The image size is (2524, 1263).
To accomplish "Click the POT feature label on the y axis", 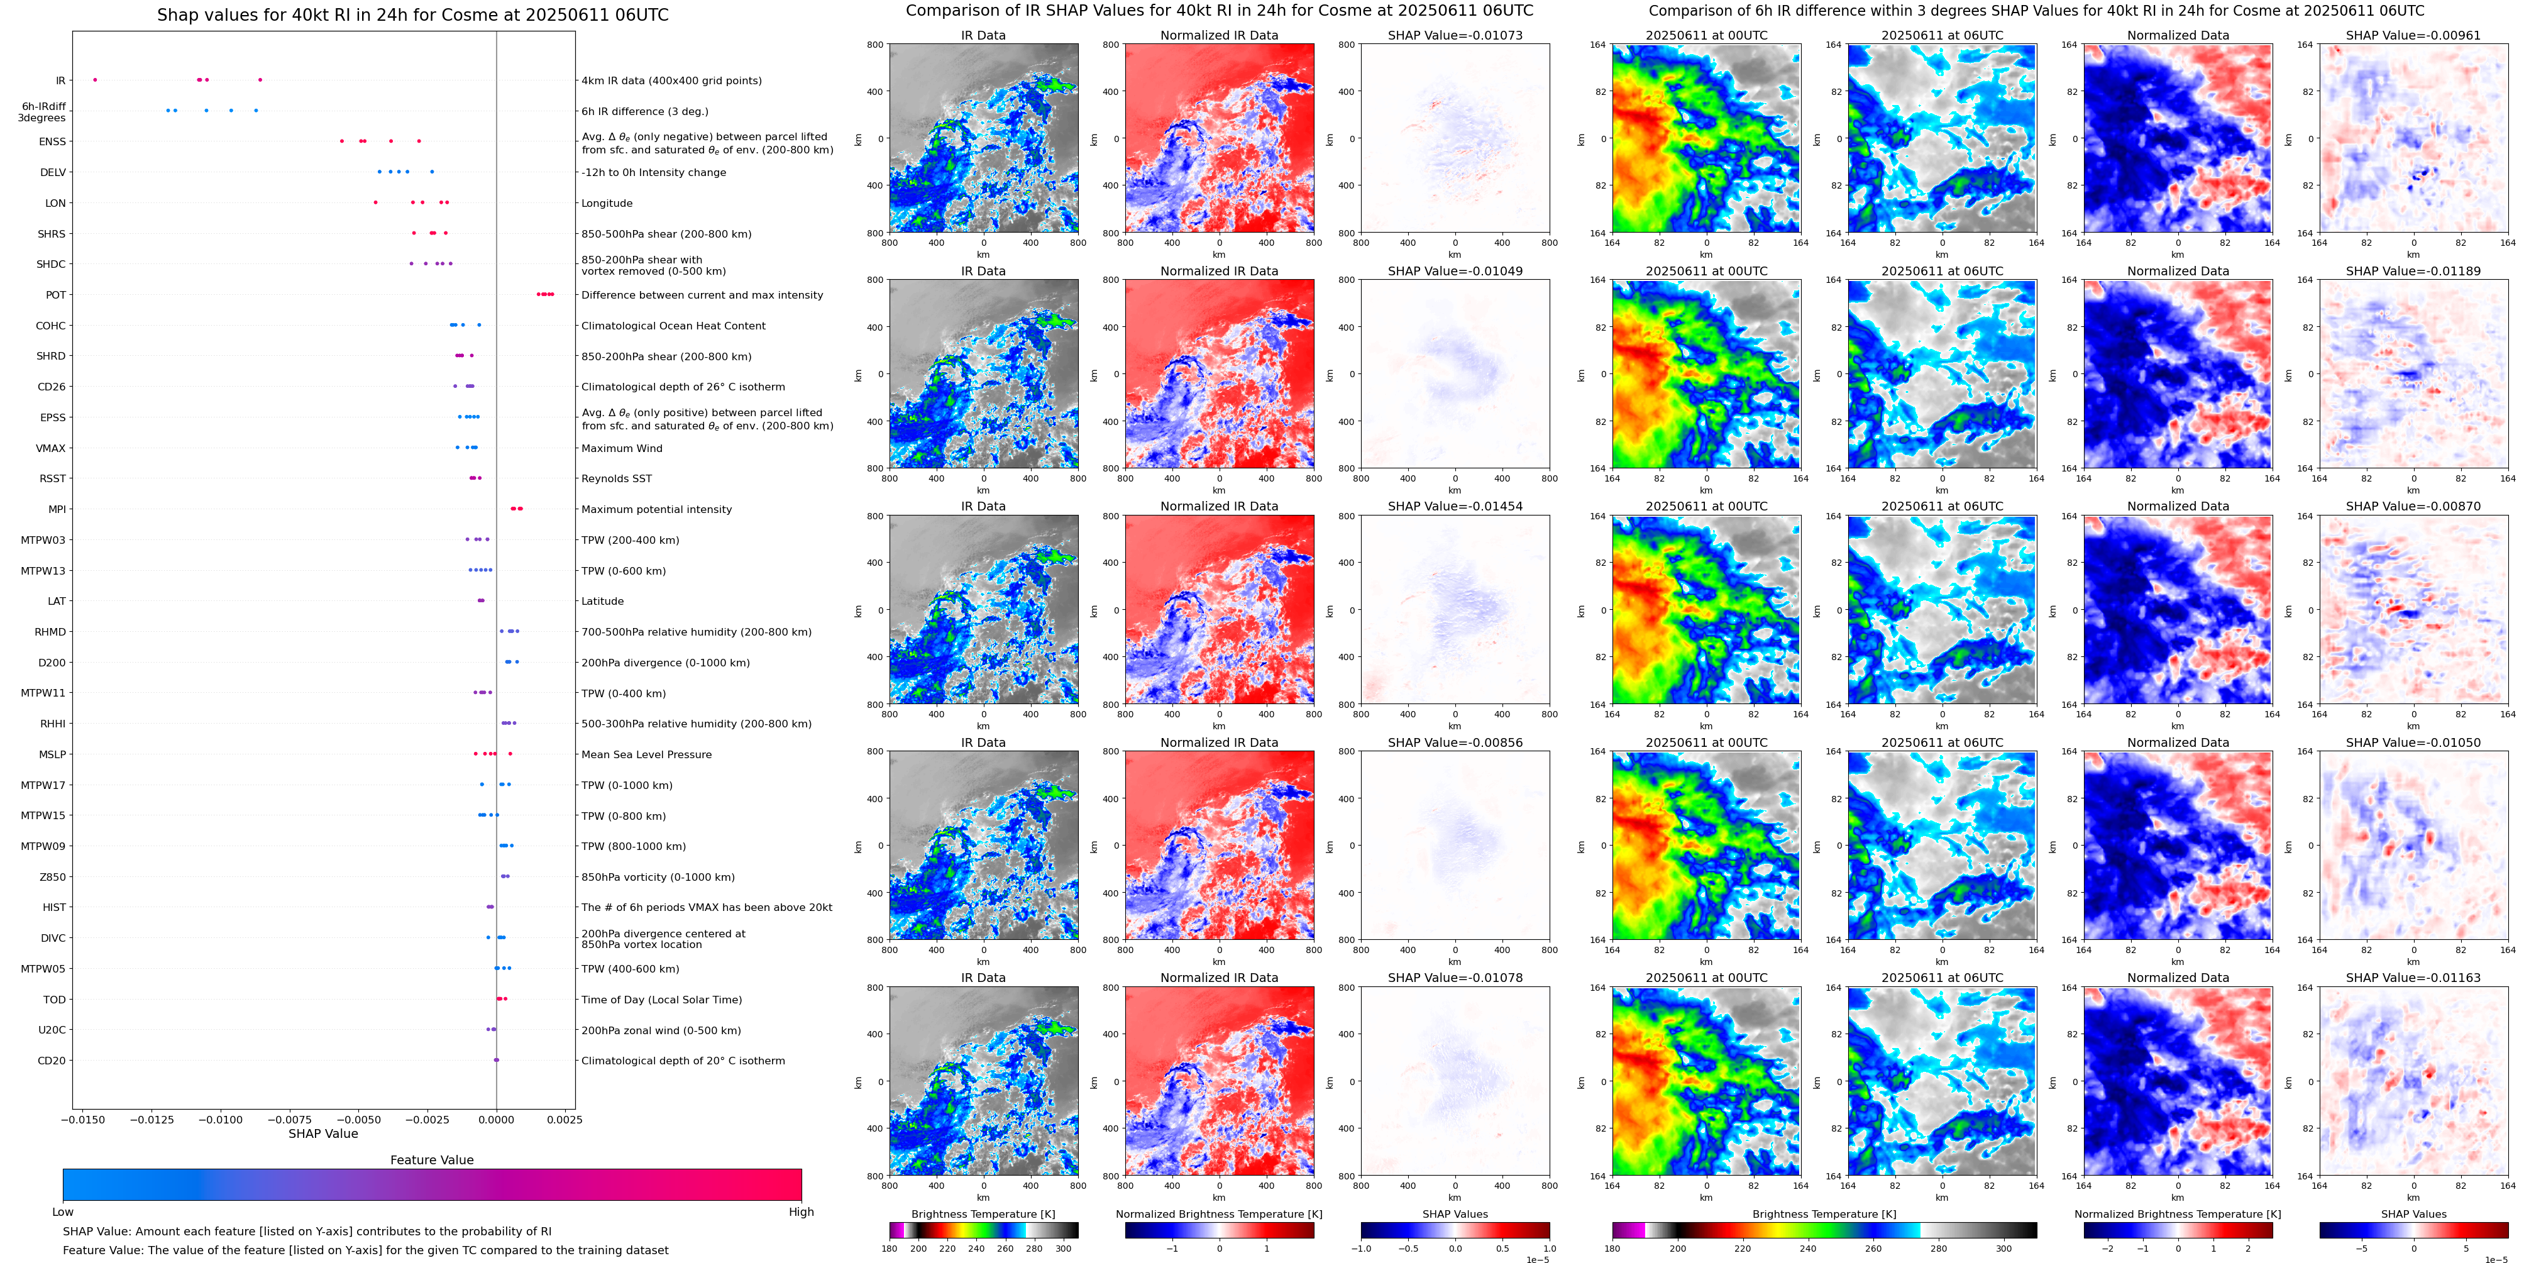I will [56, 295].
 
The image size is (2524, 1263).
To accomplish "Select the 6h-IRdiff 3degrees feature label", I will [43, 112].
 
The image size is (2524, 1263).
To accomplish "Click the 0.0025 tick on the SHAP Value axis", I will [565, 1120].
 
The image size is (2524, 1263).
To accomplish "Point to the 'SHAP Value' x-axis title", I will [323, 1133].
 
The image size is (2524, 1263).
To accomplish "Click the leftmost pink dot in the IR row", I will [95, 79].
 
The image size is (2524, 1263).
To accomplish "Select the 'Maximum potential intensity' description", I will [656, 509].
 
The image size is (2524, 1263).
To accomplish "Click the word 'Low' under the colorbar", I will [63, 1212].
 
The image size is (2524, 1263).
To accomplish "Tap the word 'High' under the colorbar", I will [800, 1212].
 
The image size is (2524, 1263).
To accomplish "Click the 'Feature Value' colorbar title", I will [431, 1160].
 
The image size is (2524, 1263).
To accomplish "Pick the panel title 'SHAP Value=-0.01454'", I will [1455, 507].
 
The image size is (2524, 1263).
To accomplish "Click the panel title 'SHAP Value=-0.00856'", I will [1455, 742].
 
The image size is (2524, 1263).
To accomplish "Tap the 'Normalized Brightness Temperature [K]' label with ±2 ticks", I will [2177, 1214].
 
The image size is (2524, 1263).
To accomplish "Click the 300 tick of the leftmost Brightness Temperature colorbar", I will [1063, 1249].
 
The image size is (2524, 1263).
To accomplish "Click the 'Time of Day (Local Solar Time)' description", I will [661, 1000].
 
